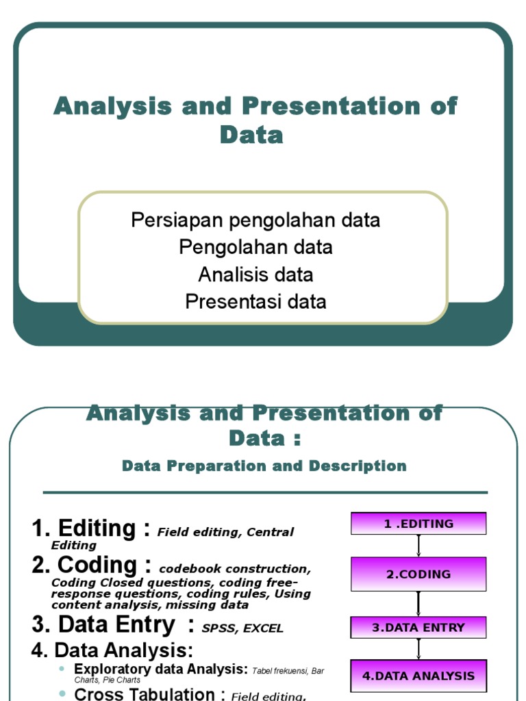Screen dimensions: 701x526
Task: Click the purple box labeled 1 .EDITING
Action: pos(418,524)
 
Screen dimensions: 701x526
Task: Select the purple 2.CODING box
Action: pos(418,574)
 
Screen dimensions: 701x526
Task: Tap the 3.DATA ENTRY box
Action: pos(418,627)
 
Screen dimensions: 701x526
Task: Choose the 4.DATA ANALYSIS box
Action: pos(418,676)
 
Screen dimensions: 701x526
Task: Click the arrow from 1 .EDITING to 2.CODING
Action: pos(418,546)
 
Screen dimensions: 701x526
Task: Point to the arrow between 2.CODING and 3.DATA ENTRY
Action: pos(418,604)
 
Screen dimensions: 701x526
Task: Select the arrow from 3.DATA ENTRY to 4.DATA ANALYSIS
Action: pos(418,649)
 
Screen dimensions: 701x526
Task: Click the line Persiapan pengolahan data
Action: pos(255,220)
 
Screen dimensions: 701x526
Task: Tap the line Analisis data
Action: pos(255,275)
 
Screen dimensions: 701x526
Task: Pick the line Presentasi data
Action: pos(255,301)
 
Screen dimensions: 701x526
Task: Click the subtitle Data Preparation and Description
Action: pos(264,466)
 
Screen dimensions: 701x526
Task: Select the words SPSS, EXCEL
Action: pos(242,628)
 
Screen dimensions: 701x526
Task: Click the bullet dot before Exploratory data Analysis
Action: pos(62,668)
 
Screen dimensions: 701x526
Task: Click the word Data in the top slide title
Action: pos(251,135)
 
